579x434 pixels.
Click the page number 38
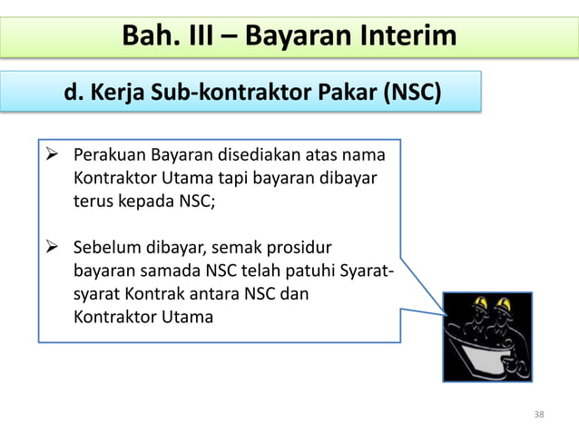pos(539,414)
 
